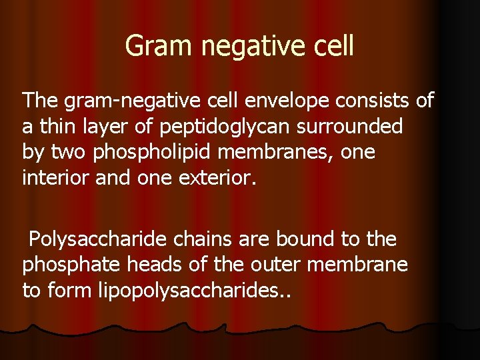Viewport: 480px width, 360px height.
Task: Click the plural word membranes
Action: point(279,152)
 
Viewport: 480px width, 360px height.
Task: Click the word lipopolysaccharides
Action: point(193,291)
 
